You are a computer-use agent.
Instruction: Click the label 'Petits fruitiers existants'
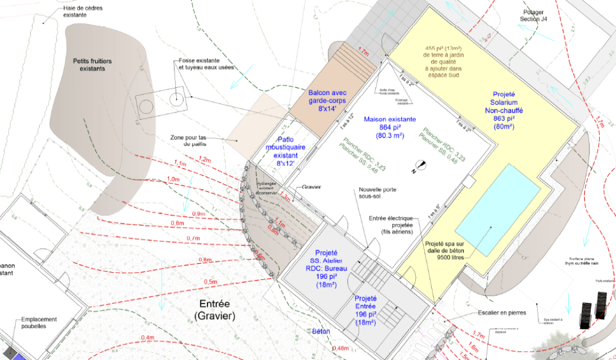click(x=93, y=65)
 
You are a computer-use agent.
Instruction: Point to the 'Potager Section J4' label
click(x=534, y=16)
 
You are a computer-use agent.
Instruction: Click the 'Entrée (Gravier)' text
click(x=215, y=309)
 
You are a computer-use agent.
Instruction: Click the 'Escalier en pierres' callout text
click(x=504, y=312)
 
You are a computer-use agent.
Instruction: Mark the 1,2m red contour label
click(x=205, y=160)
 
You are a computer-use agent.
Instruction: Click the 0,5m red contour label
click(x=211, y=282)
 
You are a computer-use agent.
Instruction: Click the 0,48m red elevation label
click(x=340, y=348)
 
